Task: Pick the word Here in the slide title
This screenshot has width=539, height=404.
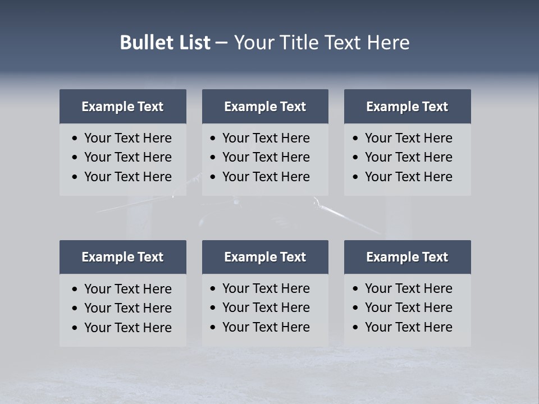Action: coord(388,43)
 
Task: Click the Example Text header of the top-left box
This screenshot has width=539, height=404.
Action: coord(122,107)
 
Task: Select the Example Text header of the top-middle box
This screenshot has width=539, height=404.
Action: coord(265,107)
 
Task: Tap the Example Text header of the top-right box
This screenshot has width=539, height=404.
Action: coord(407,107)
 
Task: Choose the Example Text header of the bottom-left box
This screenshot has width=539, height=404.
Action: coord(122,257)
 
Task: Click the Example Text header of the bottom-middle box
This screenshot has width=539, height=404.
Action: coord(265,257)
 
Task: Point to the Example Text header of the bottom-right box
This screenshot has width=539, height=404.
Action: coord(407,257)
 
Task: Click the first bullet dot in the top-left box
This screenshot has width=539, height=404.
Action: coord(75,139)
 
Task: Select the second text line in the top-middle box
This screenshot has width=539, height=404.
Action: coord(266,157)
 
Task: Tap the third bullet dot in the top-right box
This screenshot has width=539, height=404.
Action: coord(356,177)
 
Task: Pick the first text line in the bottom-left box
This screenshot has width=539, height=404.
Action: coord(128,289)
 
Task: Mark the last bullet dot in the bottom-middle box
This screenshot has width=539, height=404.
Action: coord(213,327)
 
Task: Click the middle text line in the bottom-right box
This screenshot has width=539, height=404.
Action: coord(408,307)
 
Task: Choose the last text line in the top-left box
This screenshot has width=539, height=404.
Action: coord(128,177)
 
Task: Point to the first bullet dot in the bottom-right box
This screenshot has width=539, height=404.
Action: coord(356,289)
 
